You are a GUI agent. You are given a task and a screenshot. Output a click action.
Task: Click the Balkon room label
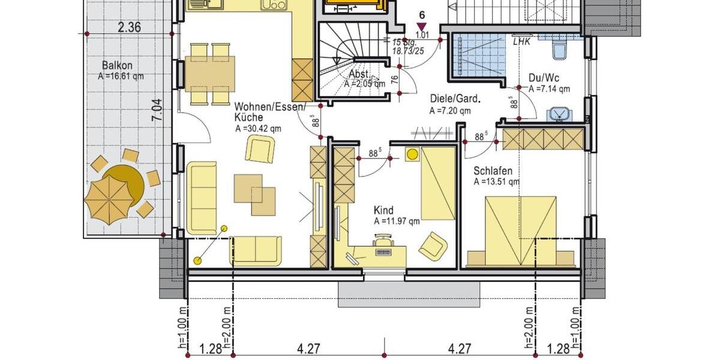(x=117, y=66)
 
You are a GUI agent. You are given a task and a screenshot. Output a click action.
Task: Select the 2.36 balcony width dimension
(x=129, y=26)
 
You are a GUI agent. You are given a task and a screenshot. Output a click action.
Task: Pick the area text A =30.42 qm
(x=259, y=128)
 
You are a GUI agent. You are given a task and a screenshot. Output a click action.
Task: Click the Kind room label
(x=383, y=211)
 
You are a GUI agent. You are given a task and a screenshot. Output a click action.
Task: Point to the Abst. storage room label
(x=361, y=74)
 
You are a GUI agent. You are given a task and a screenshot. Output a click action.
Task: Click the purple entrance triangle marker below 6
(x=422, y=26)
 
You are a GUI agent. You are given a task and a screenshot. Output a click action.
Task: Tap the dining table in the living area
(x=209, y=72)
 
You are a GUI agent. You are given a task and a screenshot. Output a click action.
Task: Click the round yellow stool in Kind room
(x=412, y=154)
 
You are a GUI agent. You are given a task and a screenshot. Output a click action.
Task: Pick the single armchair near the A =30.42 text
(x=260, y=148)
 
